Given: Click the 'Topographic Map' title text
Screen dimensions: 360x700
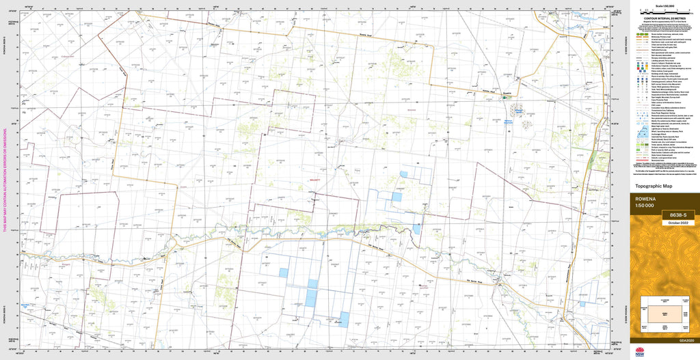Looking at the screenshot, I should click(x=654, y=186).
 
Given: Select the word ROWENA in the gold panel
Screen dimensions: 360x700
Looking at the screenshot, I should click(x=645, y=199).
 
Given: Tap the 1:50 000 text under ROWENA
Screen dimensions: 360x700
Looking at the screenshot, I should click(x=645, y=206).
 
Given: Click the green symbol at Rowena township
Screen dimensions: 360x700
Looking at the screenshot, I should click(x=506, y=98).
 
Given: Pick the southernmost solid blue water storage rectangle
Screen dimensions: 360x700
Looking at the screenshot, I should click(x=344, y=320).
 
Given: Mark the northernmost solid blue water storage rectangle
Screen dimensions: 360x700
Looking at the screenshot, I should click(x=403, y=174).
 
